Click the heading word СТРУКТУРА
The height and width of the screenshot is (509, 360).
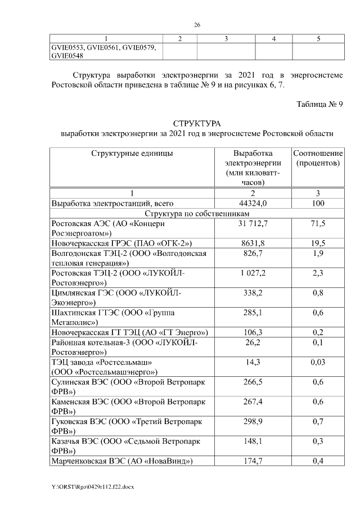197,123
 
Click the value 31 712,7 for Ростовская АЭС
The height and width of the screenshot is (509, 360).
253,224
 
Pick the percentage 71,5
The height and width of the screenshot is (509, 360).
318,224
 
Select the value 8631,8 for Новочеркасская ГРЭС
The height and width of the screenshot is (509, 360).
253,243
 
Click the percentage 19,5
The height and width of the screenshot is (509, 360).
318,243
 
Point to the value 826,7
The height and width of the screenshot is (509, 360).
253,254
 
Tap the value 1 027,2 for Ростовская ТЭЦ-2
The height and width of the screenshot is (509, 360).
253,273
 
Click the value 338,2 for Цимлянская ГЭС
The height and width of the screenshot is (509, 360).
253,293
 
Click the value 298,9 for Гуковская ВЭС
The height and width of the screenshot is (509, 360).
253,422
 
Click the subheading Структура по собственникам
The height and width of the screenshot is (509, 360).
197,213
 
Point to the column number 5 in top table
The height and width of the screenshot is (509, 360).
318,39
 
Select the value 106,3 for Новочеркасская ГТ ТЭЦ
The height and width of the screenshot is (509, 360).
253,332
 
